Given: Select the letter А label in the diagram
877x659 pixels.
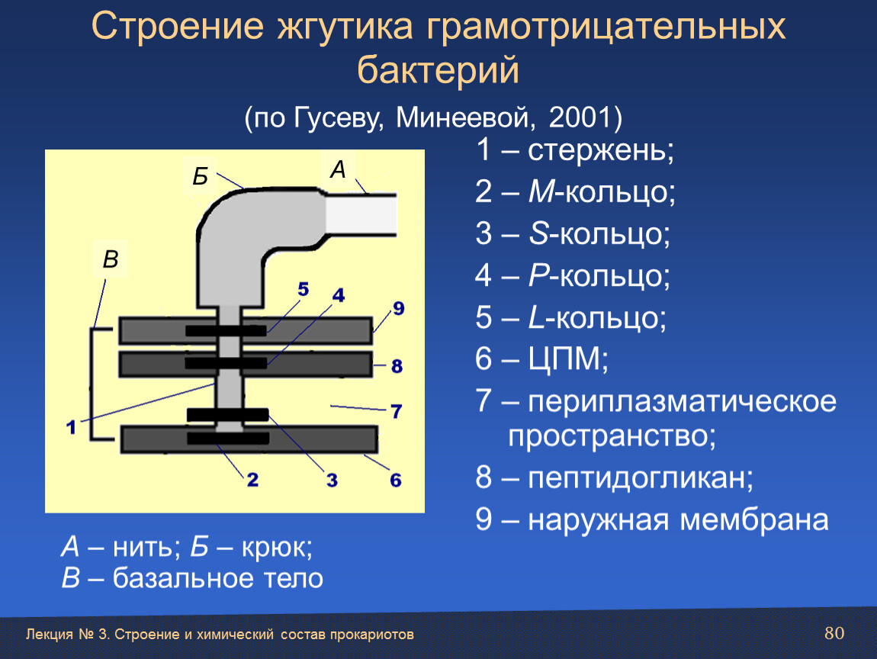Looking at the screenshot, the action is pyautogui.click(x=338, y=169).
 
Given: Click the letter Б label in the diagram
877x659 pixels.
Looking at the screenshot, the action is pyautogui.click(x=201, y=176).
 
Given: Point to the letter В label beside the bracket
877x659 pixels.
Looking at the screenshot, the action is pyautogui.click(x=111, y=259).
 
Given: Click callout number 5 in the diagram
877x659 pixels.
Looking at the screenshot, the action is pyautogui.click(x=304, y=289).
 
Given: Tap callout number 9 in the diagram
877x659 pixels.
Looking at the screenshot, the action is pyautogui.click(x=398, y=308).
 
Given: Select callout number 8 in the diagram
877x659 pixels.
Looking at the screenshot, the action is pyautogui.click(x=397, y=366).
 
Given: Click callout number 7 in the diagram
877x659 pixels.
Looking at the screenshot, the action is pyautogui.click(x=397, y=411).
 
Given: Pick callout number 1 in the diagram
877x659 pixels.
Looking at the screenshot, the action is pyautogui.click(x=71, y=427).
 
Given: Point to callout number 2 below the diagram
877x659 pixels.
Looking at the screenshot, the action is pyautogui.click(x=252, y=480).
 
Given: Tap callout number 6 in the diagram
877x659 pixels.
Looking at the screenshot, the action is pyautogui.click(x=396, y=480).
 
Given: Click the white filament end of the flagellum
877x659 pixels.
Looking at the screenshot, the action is pyautogui.click(x=361, y=215).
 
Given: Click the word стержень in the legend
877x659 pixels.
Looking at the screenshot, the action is pyautogui.click(x=601, y=150).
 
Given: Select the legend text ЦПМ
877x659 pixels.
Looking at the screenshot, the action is pyautogui.click(x=567, y=358).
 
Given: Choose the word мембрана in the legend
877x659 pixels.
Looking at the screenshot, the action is pyautogui.click(x=754, y=519).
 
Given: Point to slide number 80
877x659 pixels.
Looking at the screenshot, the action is pyautogui.click(x=834, y=633).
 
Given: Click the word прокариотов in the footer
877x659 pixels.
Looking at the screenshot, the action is pyautogui.click(x=371, y=635).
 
